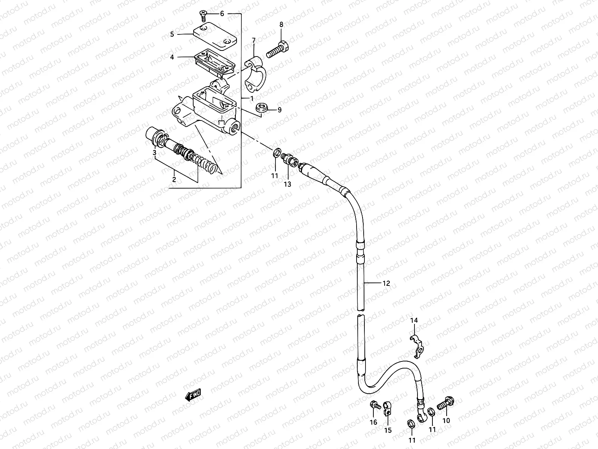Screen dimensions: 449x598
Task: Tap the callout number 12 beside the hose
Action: [x=386, y=283]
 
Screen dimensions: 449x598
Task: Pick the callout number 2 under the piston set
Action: [x=174, y=179]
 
